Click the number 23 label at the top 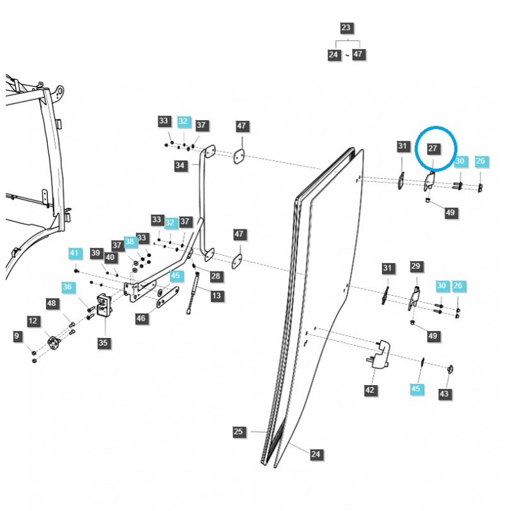346,28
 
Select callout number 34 179,165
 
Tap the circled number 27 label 432,148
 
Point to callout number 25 238,432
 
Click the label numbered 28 215,276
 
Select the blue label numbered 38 130,242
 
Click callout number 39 96,253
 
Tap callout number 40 110,257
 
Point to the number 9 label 17,335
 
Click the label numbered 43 444,394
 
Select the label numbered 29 416,266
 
